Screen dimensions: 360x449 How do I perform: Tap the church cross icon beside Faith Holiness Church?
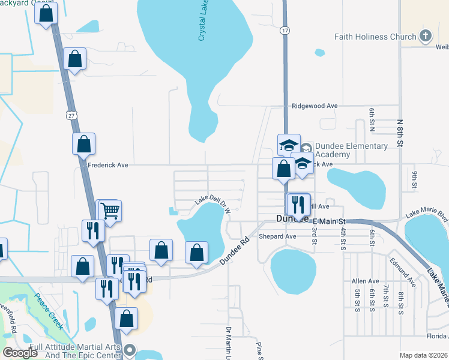(x=426, y=35)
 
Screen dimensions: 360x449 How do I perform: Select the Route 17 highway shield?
(x=285, y=29)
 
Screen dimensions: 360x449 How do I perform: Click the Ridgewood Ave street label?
(x=315, y=106)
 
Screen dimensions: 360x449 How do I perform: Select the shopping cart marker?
(x=110, y=211)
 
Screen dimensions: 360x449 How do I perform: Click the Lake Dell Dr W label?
(x=212, y=206)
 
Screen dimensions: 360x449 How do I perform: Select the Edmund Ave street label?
(x=402, y=271)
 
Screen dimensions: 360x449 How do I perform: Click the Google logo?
(x=20, y=352)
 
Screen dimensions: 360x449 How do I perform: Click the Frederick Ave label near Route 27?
(x=108, y=164)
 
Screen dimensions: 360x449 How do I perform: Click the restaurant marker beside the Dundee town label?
(x=298, y=205)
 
